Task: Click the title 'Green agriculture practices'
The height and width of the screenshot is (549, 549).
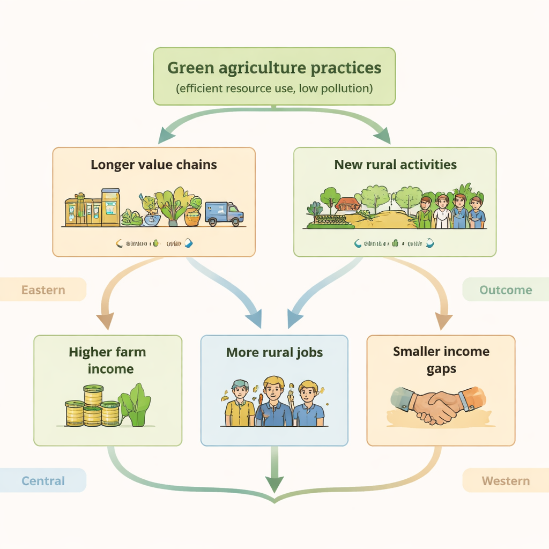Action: (274, 69)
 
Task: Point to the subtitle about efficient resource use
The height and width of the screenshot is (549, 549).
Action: (274, 88)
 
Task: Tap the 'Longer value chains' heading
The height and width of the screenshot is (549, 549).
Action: (154, 164)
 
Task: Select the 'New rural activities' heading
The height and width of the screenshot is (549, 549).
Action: (395, 164)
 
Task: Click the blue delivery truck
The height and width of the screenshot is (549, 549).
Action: (224, 213)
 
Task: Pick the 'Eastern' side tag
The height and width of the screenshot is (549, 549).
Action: (43, 290)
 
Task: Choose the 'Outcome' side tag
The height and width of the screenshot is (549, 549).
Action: (506, 290)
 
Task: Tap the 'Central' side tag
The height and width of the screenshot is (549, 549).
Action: (43, 480)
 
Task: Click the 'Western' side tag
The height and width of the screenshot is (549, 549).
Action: (506, 480)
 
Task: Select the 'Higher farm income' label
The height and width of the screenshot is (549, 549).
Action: (107, 360)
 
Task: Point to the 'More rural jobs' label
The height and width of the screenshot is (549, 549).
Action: (274, 352)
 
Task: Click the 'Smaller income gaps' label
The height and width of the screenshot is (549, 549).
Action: (441, 359)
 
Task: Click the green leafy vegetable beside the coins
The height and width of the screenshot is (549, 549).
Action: (135, 406)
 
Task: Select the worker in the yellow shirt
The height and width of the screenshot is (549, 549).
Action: (240, 405)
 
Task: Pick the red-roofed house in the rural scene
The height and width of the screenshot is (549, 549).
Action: (347, 204)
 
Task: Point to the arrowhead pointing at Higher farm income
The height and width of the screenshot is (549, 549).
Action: (105, 321)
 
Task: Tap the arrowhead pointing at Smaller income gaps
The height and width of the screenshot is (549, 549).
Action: (443, 321)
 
